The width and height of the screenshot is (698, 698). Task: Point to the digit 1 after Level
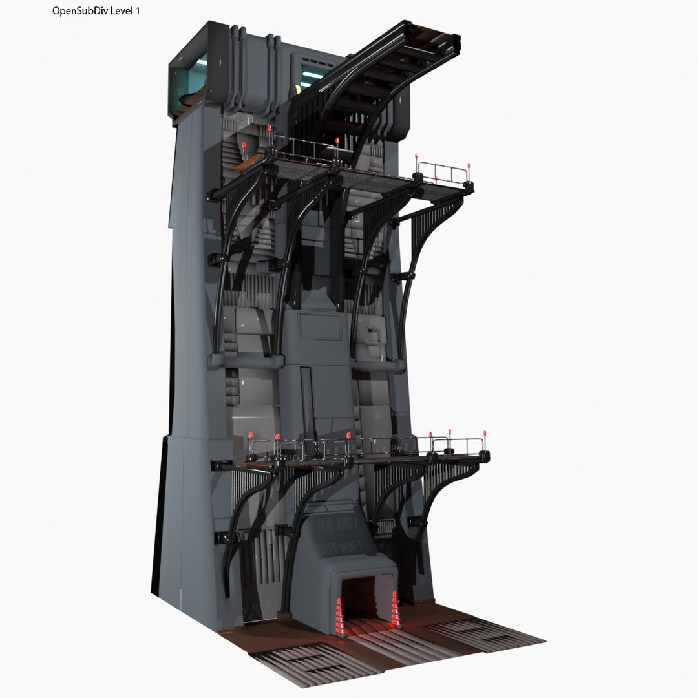(137, 12)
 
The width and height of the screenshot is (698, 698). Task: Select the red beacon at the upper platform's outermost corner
(468, 166)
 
